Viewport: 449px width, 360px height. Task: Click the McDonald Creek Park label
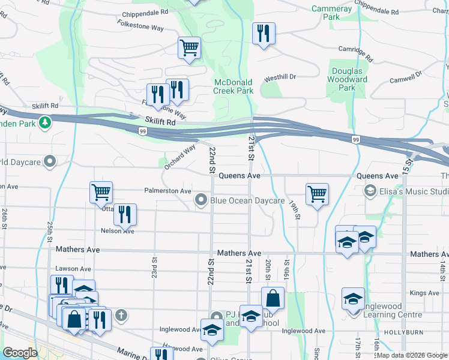pyautogui.click(x=234, y=86)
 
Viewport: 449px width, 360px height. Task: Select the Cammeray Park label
pyautogui.click(x=332, y=13)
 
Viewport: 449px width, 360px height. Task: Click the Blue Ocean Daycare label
pyautogui.click(x=247, y=200)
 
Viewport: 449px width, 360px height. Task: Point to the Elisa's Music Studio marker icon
pyautogui.click(x=370, y=191)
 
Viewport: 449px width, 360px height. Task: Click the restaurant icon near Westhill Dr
pyautogui.click(x=264, y=34)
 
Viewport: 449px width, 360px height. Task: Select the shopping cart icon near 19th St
pyautogui.click(x=316, y=194)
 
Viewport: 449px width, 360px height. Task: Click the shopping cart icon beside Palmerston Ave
pyautogui.click(x=101, y=193)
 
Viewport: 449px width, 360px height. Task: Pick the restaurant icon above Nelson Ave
pyautogui.click(x=124, y=214)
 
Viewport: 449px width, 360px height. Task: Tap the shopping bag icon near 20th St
pyautogui.click(x=273, y=298)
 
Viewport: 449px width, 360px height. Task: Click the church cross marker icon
pyautogui.click(x=121, y=314)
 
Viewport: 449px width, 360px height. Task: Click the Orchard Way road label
pyautogui.click(x=180, y=157)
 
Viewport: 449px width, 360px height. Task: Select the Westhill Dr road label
pyautogui.click(x=280, y=77)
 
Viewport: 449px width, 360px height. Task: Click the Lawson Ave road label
pyautogui.click(x=73, y=269)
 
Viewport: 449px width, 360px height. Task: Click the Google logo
pyautogui.click(x=20, y=353)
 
